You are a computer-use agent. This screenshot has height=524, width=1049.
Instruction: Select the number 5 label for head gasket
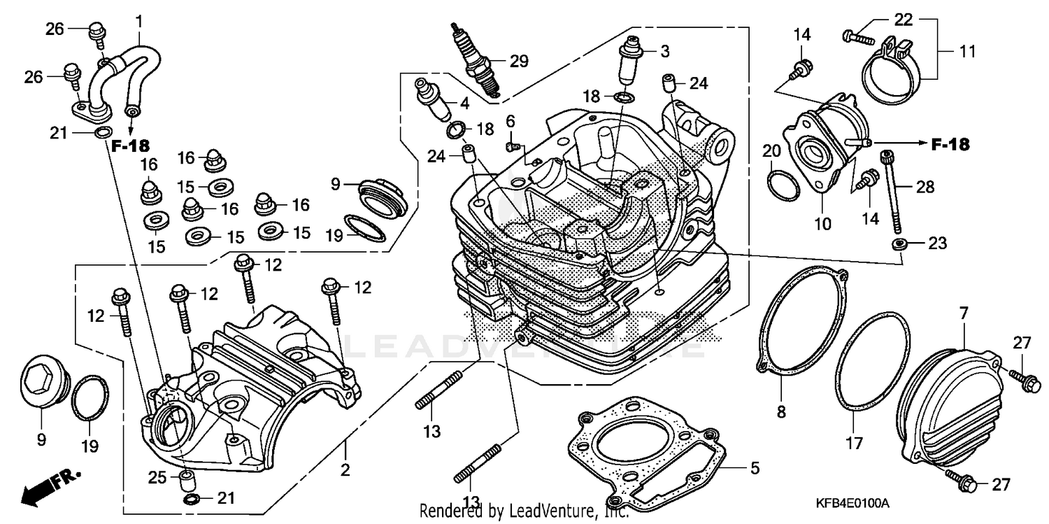(x=753, y=468)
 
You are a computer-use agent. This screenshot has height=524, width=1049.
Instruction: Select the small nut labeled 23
(x=899, y=243)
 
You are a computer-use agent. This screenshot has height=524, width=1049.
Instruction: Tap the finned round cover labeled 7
(x=944, y=406)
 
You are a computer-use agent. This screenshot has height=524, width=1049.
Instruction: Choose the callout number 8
(x=781, y=413)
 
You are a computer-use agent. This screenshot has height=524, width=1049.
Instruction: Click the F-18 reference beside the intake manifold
(x=950, y=145)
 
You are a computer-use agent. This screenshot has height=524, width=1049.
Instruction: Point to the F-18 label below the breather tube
(x=131, y=146)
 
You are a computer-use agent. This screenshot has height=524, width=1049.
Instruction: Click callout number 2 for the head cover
(x=344, y=470)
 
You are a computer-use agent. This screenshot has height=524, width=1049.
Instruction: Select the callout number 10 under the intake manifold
(x=822, y=225)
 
